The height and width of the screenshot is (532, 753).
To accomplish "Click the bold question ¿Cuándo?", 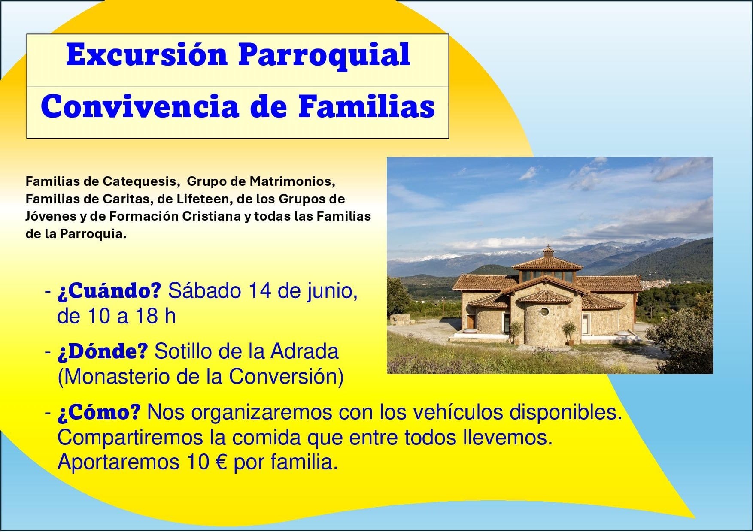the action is point(109,291).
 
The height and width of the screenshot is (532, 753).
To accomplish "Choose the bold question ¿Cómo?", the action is point(99,412).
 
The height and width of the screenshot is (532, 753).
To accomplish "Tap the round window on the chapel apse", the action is point(544,311).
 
